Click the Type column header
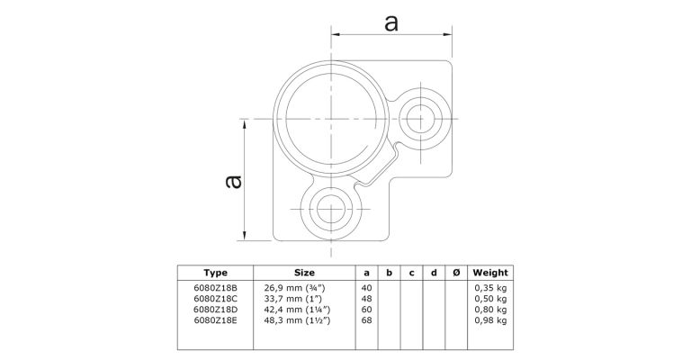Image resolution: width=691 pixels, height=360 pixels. pyautogui.click(x=216, y=273)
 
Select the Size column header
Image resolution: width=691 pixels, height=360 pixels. pyautogui.click(x=304, y=273)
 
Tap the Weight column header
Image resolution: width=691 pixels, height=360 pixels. pyautogui.click(x=490, y=273)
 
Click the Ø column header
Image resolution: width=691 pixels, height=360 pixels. pyautogui.click(x=456, y=273)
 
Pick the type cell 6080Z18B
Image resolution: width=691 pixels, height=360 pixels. pyautogui.click(x=216, y=288)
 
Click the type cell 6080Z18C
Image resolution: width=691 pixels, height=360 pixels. pyautogui.click(x=216, y=299)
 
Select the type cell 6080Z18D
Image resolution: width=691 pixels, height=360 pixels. pyautogui.click(x=216, y=310)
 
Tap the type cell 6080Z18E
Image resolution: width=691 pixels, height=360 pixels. pyautogui.click(x=216, y=320)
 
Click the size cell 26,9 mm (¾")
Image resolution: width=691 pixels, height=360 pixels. pyautogui.click(x=295, y=288)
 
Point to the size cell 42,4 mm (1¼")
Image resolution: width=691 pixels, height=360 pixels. pyautogui.click(x=298, y=310)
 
